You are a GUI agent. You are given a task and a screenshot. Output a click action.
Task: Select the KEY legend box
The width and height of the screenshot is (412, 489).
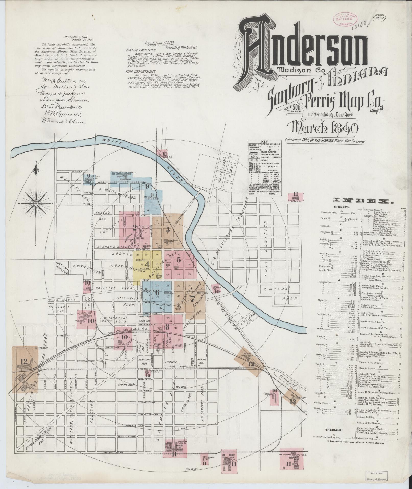point(265,168)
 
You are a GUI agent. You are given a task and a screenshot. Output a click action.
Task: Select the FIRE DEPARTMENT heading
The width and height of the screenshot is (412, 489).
point(141,72)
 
